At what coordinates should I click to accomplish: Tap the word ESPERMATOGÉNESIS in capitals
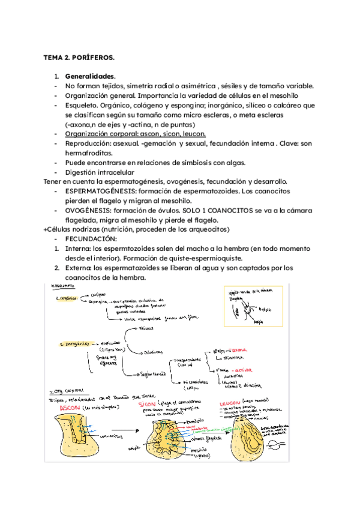(100, 191)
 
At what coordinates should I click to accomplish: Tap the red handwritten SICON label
(149, 406)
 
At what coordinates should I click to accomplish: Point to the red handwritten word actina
(246, 370)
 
